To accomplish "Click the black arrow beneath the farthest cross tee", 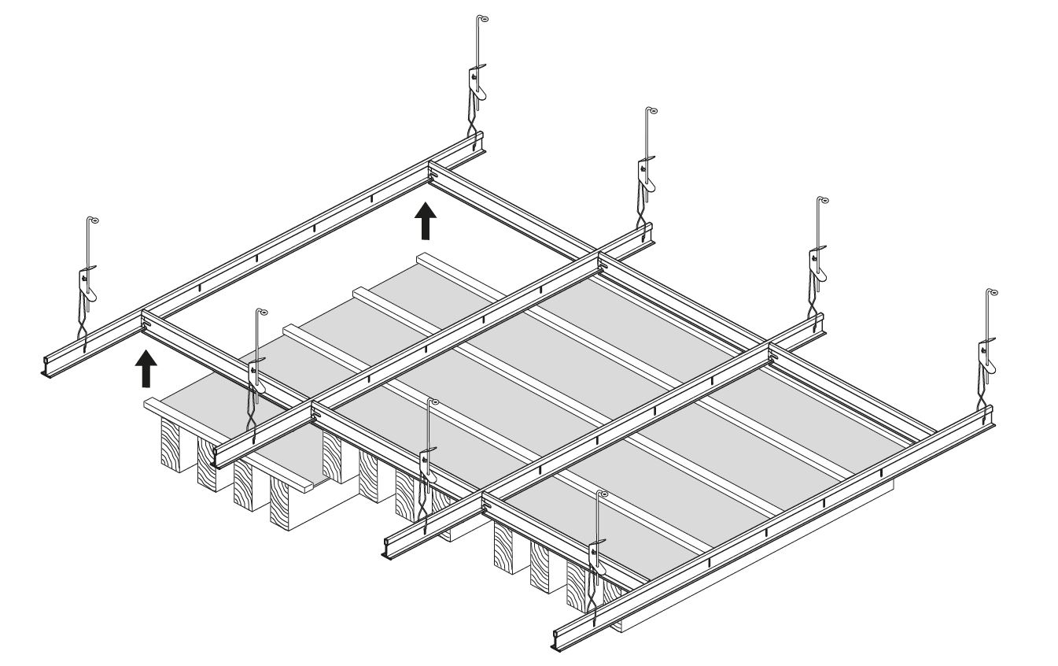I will (425, 220).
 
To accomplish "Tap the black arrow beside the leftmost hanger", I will (146, 369).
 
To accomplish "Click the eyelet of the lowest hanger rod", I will (603, 494).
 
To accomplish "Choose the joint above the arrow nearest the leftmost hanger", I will (146, 321).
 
